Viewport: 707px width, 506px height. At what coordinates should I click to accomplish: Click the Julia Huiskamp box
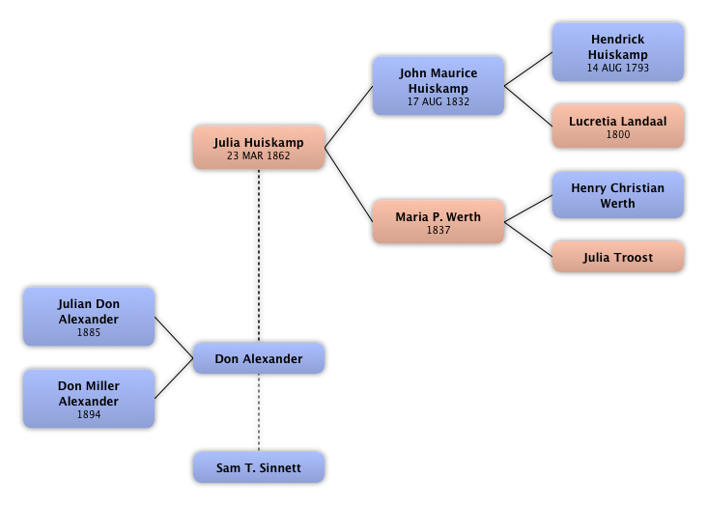tap(258, 148)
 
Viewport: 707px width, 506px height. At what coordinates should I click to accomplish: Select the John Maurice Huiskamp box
tap(438, 86)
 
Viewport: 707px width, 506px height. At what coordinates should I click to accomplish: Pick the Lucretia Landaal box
tap(617, 126)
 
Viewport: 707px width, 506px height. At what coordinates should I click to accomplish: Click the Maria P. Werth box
tap(438, 222)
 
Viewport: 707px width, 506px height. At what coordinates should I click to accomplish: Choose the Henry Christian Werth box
tap(617, 196)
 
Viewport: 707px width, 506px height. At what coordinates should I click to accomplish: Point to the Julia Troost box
tap(617, 258)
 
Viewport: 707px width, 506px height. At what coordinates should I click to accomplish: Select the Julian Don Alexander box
tap(89, 318)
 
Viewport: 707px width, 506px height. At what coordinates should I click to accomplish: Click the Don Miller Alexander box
tap(89, 399)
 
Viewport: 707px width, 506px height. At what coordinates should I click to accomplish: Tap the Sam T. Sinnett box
tap(258, 468)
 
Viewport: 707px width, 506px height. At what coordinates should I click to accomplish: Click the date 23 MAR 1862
tap(258, 155)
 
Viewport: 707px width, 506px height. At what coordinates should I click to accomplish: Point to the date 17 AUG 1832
tap(438, 100)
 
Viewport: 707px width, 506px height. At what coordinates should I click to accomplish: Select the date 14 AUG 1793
tap(617, 69)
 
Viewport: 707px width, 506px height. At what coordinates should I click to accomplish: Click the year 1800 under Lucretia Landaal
tap(617, 135)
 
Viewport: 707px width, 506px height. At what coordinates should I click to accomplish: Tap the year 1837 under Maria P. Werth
tap(438, 231)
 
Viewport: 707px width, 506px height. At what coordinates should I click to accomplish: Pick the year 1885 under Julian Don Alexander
tap(89, 332)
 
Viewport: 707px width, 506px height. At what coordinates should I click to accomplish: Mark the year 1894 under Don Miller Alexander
tap(89, 414)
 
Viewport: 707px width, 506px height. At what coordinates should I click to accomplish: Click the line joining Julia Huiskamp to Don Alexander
tap(258, 256)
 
